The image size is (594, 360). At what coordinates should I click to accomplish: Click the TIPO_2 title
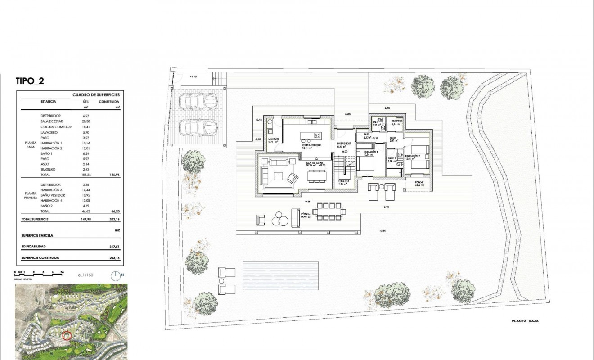click(x=30, y=81)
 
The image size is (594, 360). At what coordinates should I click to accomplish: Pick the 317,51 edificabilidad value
click(x=116, y=247)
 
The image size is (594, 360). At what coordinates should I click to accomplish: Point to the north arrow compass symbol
click(x=116, y=275)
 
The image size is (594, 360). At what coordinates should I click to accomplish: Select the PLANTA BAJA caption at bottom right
click(x=525, y=321)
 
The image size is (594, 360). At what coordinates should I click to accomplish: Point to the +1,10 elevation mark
click(x=193, y=77)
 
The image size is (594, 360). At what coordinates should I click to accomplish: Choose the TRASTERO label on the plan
click(x=396, y=121)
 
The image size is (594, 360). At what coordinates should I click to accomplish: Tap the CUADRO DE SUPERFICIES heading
click(x=96, y=95)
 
